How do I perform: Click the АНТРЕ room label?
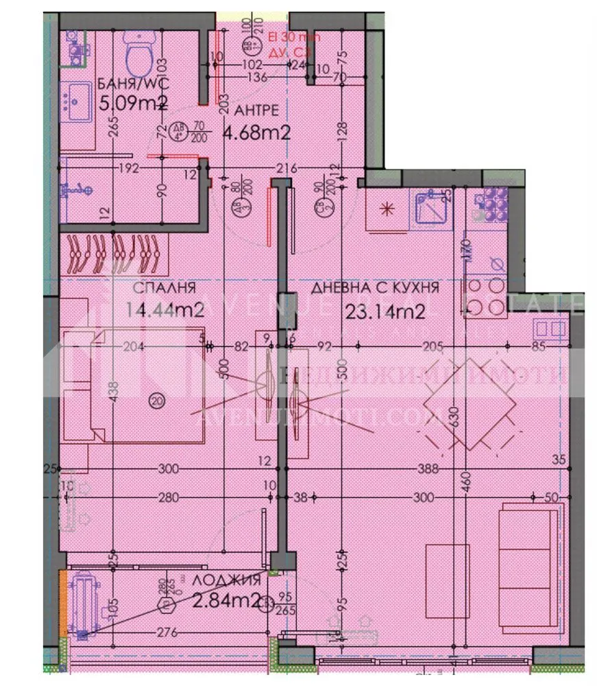(x=256, y=110)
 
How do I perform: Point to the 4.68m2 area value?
(x=256, y=130)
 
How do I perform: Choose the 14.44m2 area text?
(x=165, y=309)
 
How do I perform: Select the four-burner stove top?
(x=486, y=297)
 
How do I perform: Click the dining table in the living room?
(x=467, y=403)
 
